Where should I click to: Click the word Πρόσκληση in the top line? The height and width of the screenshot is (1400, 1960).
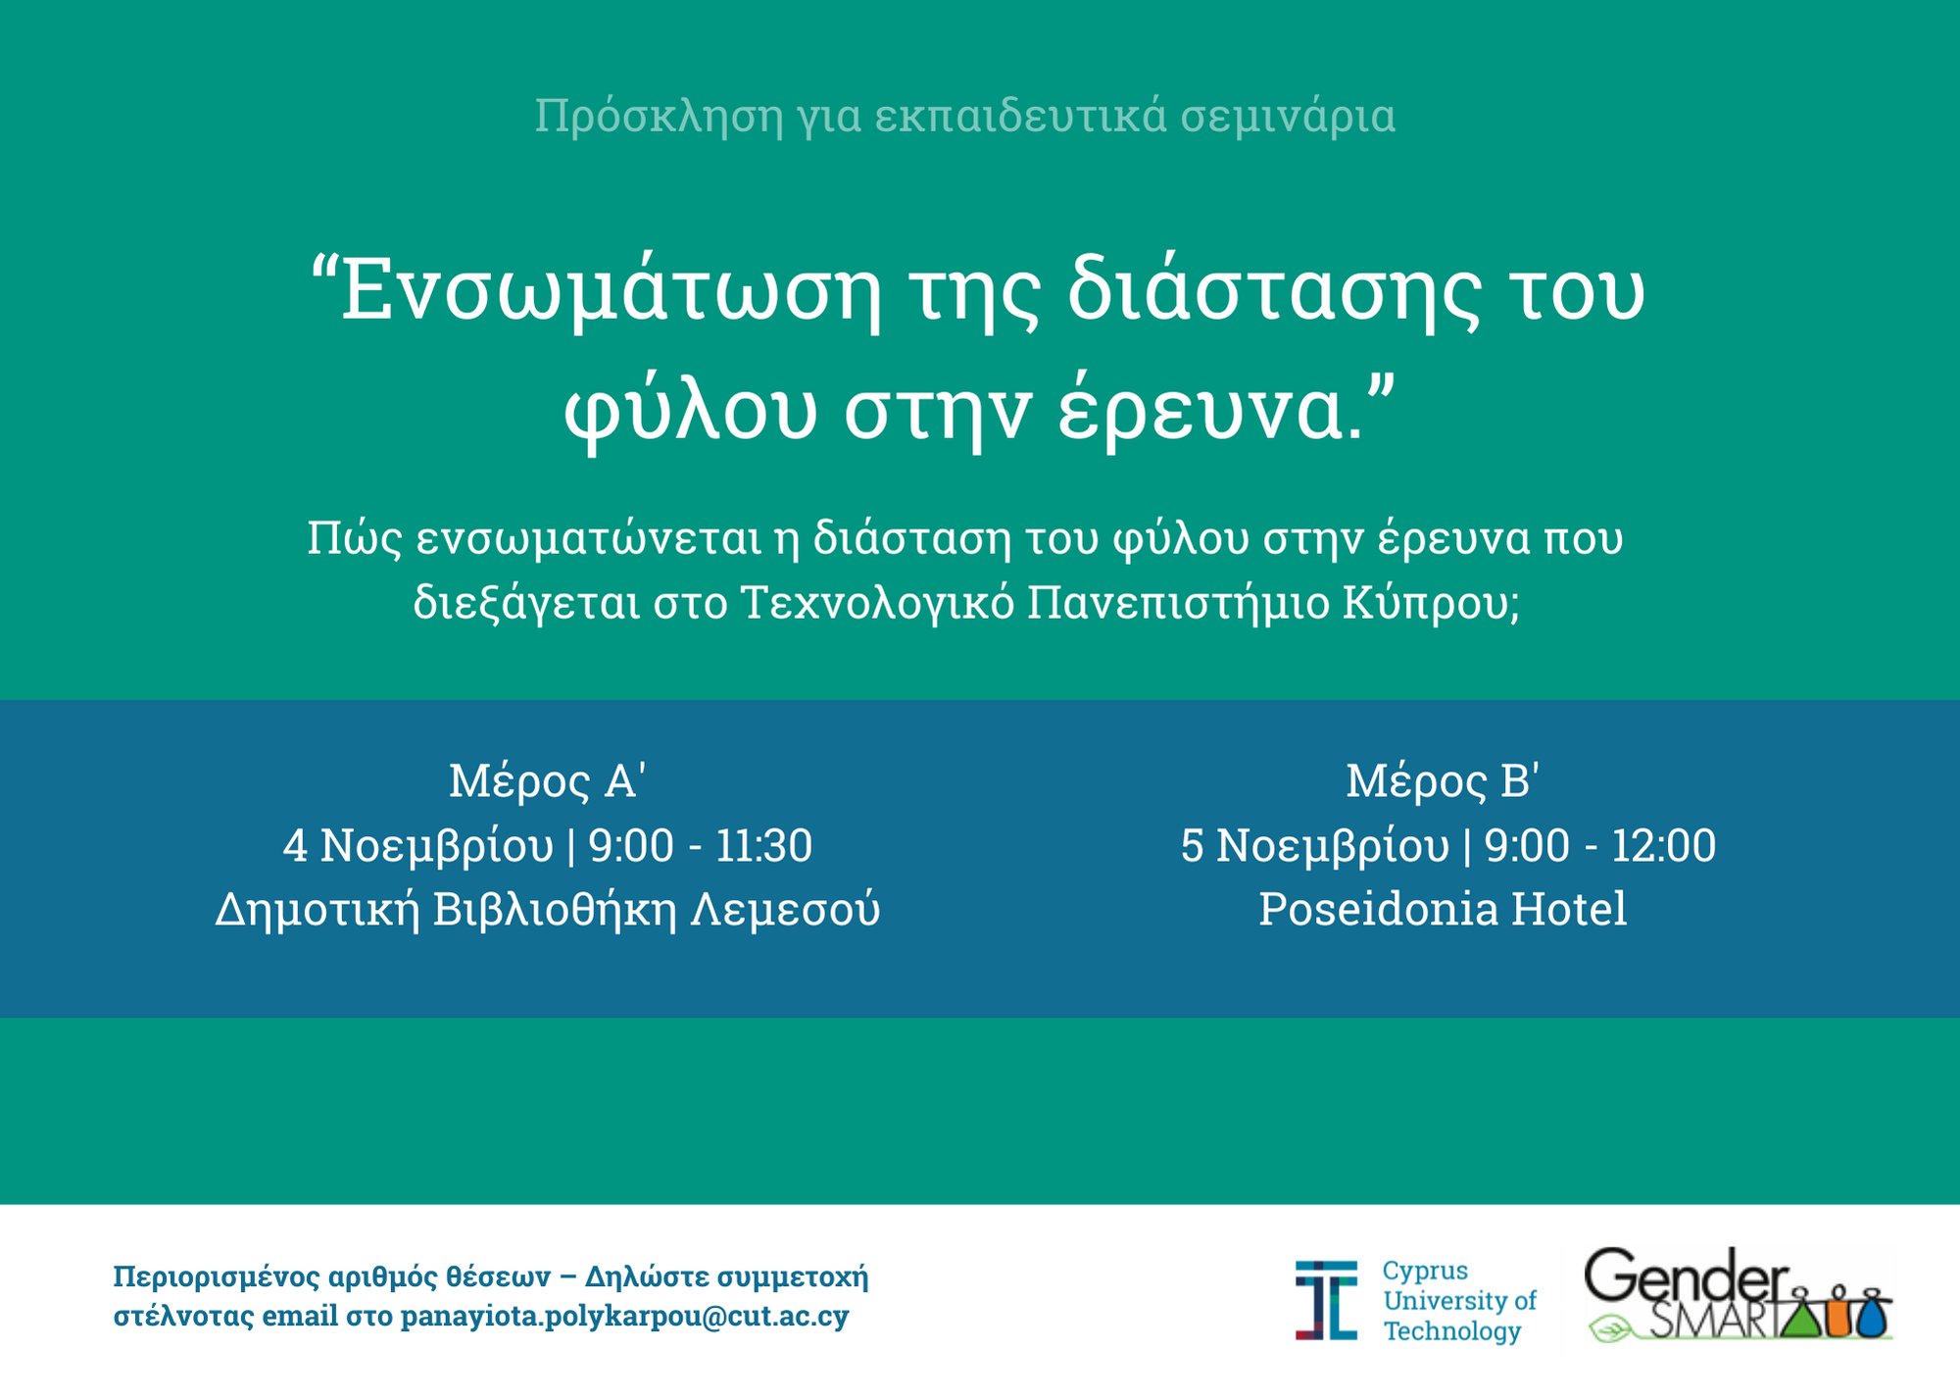(659, 117)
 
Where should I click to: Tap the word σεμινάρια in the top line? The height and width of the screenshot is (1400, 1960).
(1288, 117)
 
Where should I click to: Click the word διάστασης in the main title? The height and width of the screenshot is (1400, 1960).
(1274, 292)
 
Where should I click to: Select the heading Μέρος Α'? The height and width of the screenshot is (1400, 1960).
(547, 780)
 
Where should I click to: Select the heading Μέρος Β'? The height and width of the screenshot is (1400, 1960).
(1443, 780)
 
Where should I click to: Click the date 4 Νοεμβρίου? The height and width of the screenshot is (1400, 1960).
(418, 845)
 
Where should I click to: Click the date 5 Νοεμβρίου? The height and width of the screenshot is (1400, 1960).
(1314, 845)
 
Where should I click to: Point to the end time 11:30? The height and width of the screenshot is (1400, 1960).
(763, 845)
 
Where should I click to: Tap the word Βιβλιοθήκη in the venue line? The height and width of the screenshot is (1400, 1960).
(555, 909)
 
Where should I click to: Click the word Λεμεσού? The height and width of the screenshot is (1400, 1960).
(786, 909)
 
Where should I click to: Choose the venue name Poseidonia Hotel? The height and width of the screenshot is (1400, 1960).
(1443, 909)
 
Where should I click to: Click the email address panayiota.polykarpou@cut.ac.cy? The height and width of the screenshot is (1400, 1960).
(624, 1316)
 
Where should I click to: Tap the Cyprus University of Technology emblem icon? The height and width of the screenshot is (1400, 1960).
(1326, 1300)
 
